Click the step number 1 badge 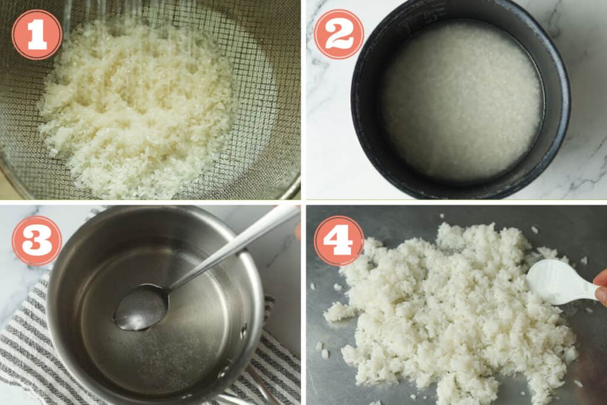pyautogui.click(x=37, y=34)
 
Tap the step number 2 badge pyautogui.click(x=338, y=34)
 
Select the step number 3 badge pyautogui.click(x=37, y=240)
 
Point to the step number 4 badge pyautogui.click(x=338, y=240)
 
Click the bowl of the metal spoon pyautogui.click(x=140, y=307)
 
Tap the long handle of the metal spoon pyautogui.click(x=237, y=243)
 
